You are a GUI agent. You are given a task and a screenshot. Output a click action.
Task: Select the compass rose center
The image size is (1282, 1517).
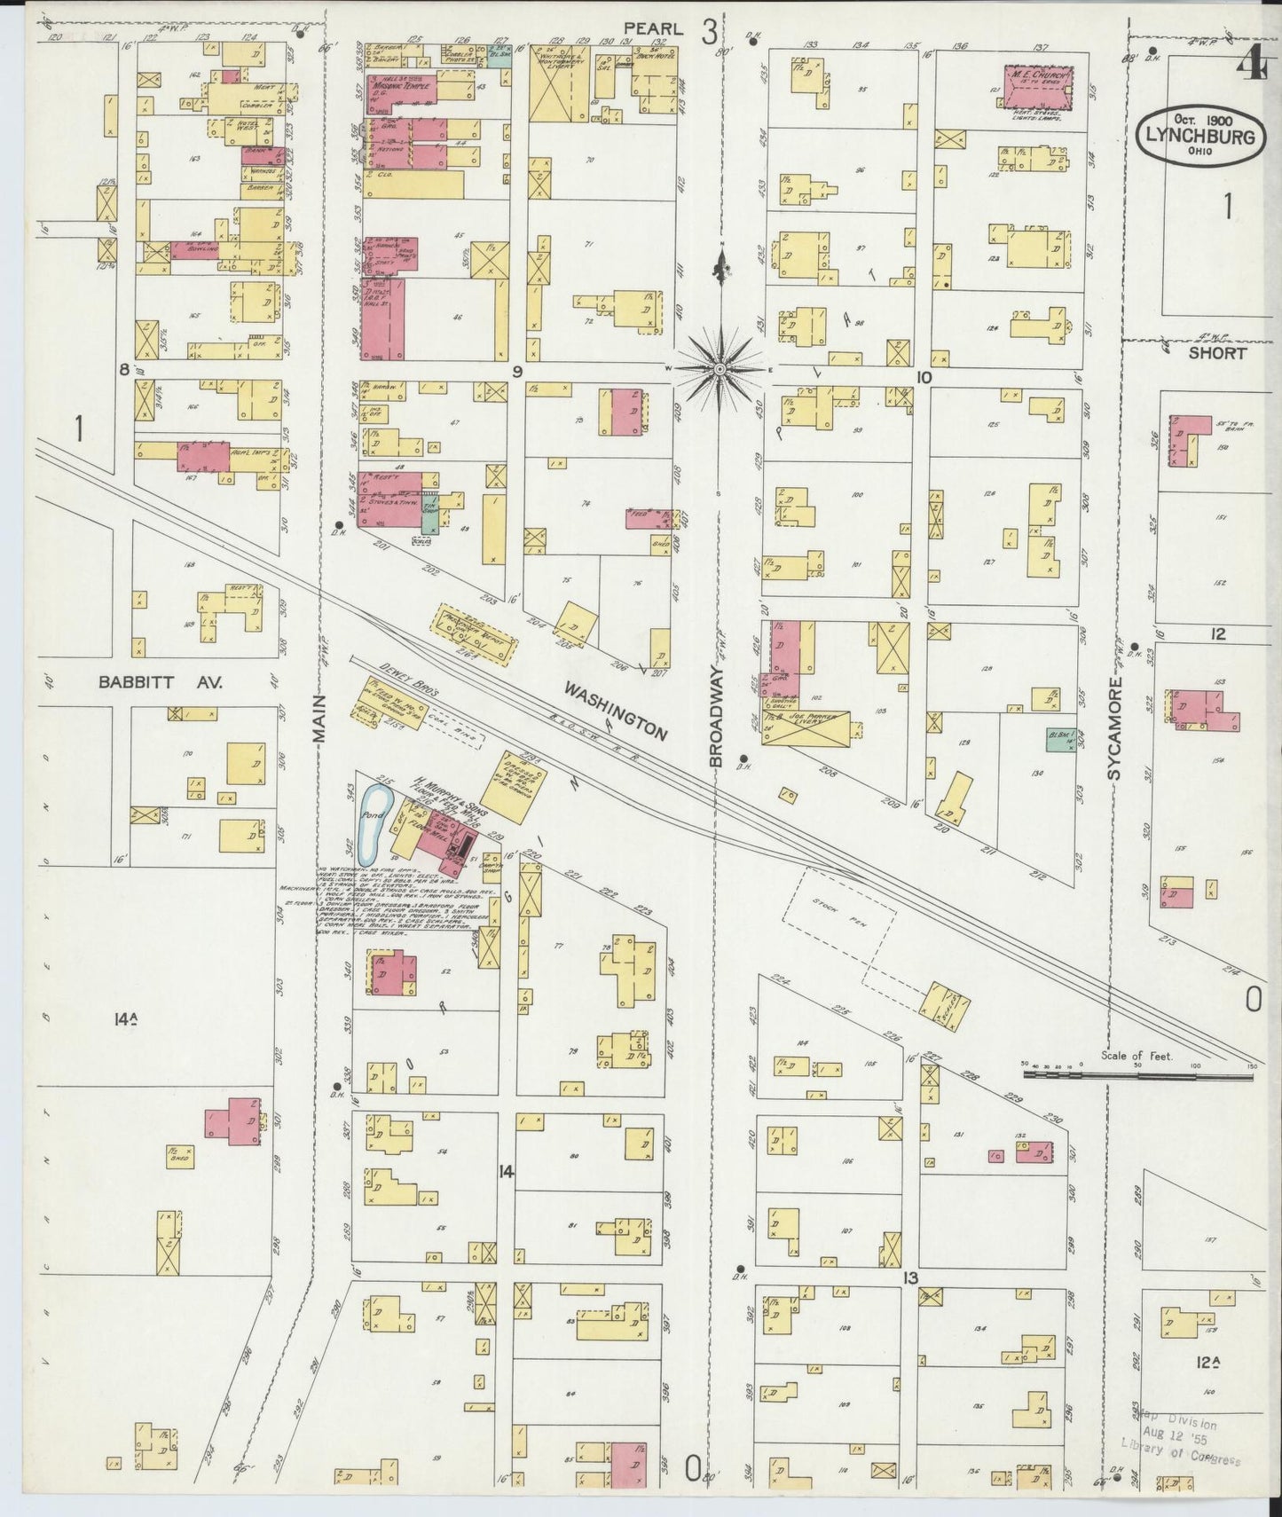[x=720, y=368]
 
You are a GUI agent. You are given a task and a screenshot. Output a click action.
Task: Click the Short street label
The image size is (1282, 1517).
[x=1217, y=352]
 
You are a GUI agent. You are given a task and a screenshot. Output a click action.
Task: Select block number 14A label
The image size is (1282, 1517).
[x=124, y=1020]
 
